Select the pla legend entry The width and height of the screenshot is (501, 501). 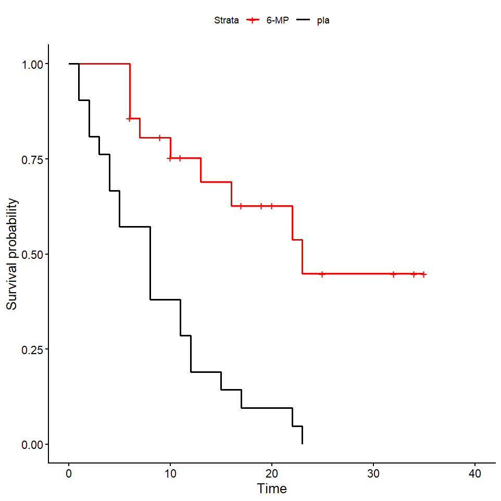[x=323, y=20]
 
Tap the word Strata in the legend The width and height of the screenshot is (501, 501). [x=226, y=20]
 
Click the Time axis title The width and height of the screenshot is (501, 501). [x=272, y=489]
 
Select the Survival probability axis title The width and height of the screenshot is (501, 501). [x=12, y=254]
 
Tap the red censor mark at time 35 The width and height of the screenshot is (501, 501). [x=424, y=274]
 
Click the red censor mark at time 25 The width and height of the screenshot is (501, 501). [x=322, y=274]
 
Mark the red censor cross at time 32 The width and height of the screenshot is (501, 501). [x=394, y=274]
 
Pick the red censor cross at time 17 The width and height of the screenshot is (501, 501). [x=241, y=206]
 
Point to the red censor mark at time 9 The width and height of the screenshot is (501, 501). [x=160, y=138]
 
